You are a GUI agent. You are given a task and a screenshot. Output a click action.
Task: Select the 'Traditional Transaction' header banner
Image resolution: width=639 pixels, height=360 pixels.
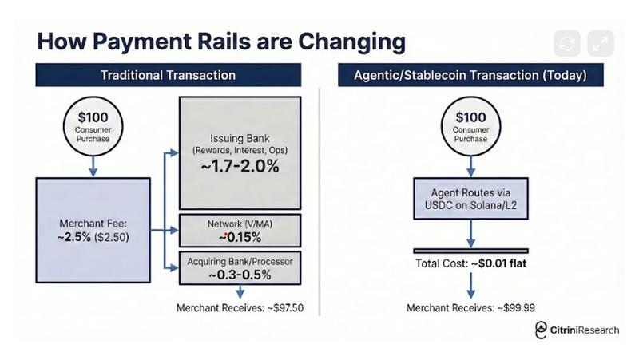point(168,75)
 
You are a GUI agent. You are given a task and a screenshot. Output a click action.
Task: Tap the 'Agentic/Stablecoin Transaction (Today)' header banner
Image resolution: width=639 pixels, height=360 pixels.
point(470,75)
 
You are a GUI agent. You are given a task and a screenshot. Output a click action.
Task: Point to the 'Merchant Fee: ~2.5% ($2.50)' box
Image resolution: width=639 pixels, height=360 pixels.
point(93,230)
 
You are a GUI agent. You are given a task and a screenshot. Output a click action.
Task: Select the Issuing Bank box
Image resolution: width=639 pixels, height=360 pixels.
point(240,152)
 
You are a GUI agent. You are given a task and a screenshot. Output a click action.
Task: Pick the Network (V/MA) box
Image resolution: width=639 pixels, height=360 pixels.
point(240,231)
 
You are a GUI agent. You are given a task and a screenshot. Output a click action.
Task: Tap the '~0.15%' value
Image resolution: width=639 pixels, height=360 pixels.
point(240,237)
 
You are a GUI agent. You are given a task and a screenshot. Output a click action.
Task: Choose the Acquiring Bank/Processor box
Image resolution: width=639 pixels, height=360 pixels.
point(240,268)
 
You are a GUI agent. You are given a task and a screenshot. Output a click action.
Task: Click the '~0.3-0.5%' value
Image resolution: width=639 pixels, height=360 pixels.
point(240,275)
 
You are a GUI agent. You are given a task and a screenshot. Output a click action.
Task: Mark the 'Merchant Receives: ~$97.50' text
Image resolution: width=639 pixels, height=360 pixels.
point(240,308)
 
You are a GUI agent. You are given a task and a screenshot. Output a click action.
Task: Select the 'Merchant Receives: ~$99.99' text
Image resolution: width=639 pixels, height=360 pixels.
point(470,308)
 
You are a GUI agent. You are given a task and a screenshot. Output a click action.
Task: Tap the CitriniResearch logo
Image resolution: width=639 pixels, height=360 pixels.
point(576,330)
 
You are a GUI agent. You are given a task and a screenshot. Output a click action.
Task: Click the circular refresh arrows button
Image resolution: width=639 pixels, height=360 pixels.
point(568,44)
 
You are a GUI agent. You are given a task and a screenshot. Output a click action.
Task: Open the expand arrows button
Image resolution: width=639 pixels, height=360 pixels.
point(601,44)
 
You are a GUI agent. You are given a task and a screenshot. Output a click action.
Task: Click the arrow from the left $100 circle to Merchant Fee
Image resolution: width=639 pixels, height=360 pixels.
point(93,165)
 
